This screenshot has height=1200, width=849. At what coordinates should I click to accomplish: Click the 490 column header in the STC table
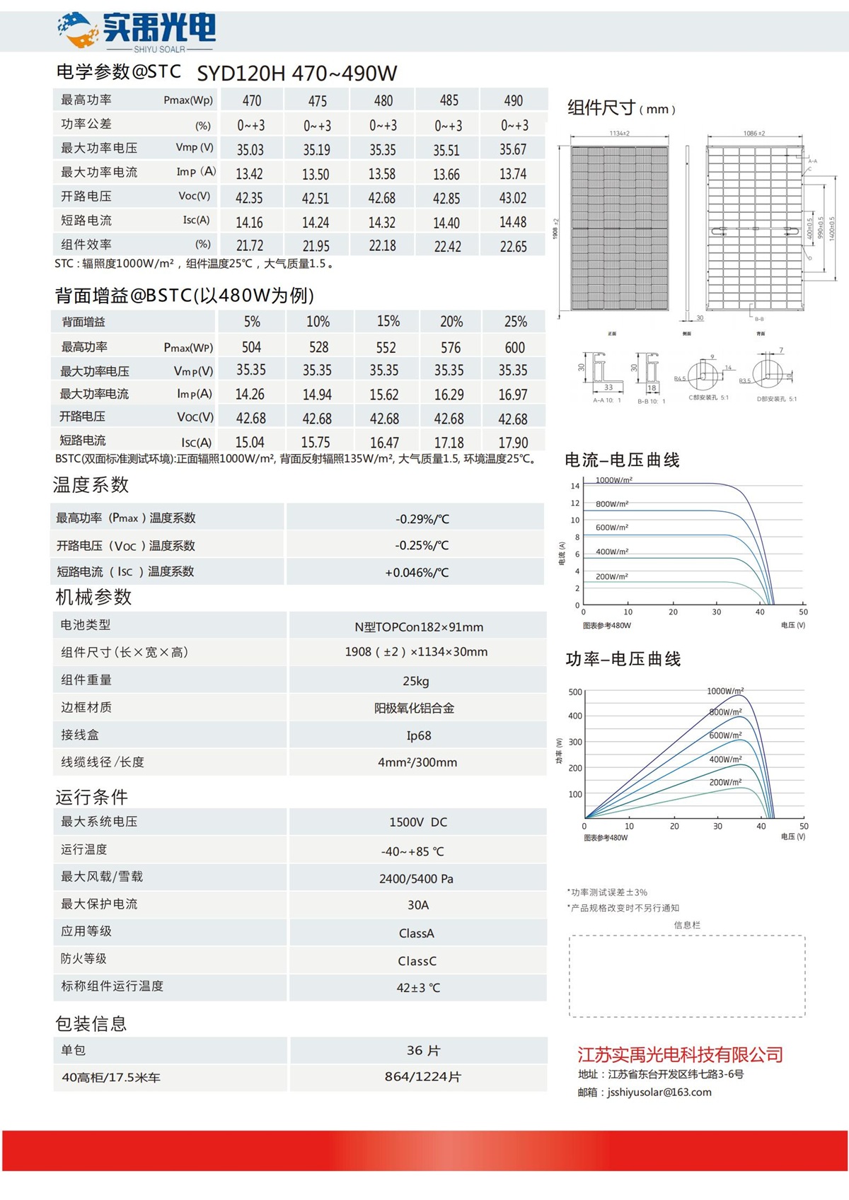pos(514,100)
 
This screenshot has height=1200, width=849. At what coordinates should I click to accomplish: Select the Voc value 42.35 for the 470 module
pos(249,198)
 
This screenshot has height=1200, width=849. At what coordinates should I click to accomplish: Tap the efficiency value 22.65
pos(514,246)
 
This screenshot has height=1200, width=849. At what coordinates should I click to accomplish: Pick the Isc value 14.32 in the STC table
pos(382,223)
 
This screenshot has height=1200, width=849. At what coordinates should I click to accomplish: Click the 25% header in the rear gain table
pos(515,322)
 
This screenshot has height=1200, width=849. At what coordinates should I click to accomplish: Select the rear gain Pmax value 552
pos(386,347)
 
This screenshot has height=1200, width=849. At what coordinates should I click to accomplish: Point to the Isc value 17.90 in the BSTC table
pos(513,443)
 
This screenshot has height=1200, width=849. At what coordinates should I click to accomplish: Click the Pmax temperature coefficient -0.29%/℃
pos(422,519)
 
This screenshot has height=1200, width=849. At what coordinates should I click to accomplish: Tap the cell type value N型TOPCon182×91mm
pos(419,627)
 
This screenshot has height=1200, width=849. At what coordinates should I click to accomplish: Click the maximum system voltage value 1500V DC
pos(418,822)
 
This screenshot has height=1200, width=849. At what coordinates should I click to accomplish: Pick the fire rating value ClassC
pos(417,961)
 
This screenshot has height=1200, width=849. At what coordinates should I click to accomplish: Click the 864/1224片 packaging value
pos(422,1077)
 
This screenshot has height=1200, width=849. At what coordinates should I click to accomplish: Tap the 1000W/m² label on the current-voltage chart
pos(614,480)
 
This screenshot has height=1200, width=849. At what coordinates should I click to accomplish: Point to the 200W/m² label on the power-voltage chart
pos(725,782)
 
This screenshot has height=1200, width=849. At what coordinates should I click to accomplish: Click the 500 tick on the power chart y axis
pos(575,692)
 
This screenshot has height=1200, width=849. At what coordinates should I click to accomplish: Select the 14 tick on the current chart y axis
pos(575,486)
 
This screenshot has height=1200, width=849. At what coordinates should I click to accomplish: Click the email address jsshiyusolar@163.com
pos(659,1093)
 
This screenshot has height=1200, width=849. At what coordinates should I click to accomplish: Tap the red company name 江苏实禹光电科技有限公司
pos(680,1055)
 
